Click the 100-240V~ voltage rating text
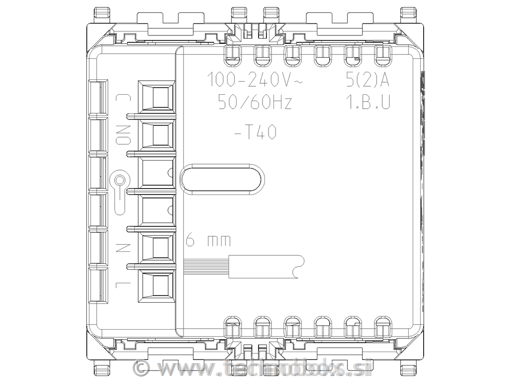point(254,79)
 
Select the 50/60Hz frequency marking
point(255,103)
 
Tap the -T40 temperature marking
point(255,133)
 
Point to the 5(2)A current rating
point(367,79)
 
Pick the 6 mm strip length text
point(208,241)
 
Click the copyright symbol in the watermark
point(142,368)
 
